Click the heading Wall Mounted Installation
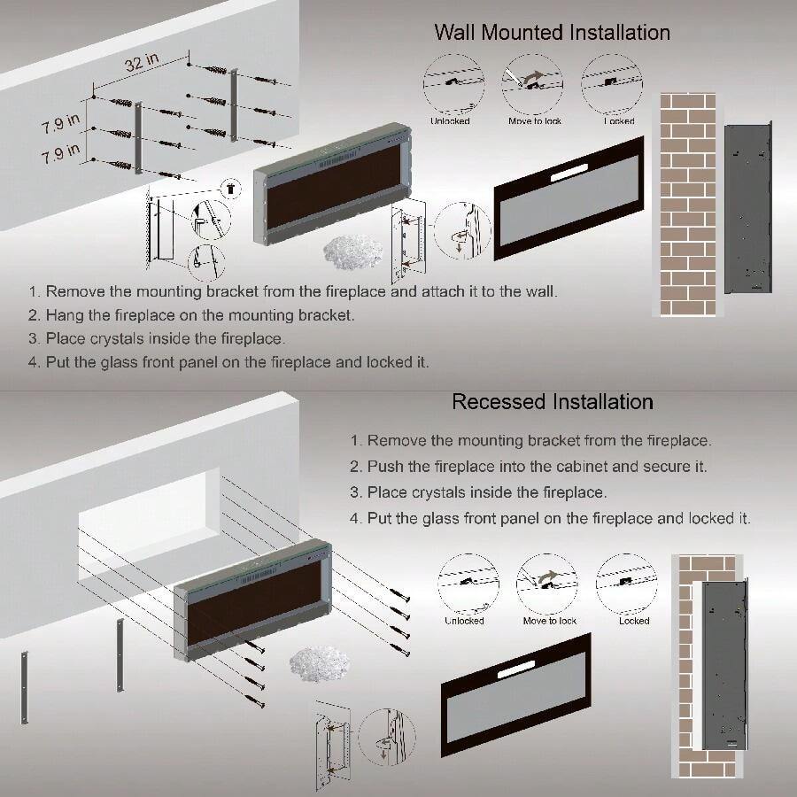point(552,33)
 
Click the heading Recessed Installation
point(552,402)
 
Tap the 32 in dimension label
point(141,64)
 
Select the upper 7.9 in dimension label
point(59,124)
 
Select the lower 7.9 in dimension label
point(59,154)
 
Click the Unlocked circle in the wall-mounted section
point(451,84)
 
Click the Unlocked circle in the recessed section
point(464,584)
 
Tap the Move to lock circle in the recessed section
point(547,584)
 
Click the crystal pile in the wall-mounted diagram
point(353,252)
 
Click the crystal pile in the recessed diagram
point(320,663)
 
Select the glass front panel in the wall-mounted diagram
point(568,199)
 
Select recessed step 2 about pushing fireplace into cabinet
point(528,466)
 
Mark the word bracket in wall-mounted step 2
point(329,314)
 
